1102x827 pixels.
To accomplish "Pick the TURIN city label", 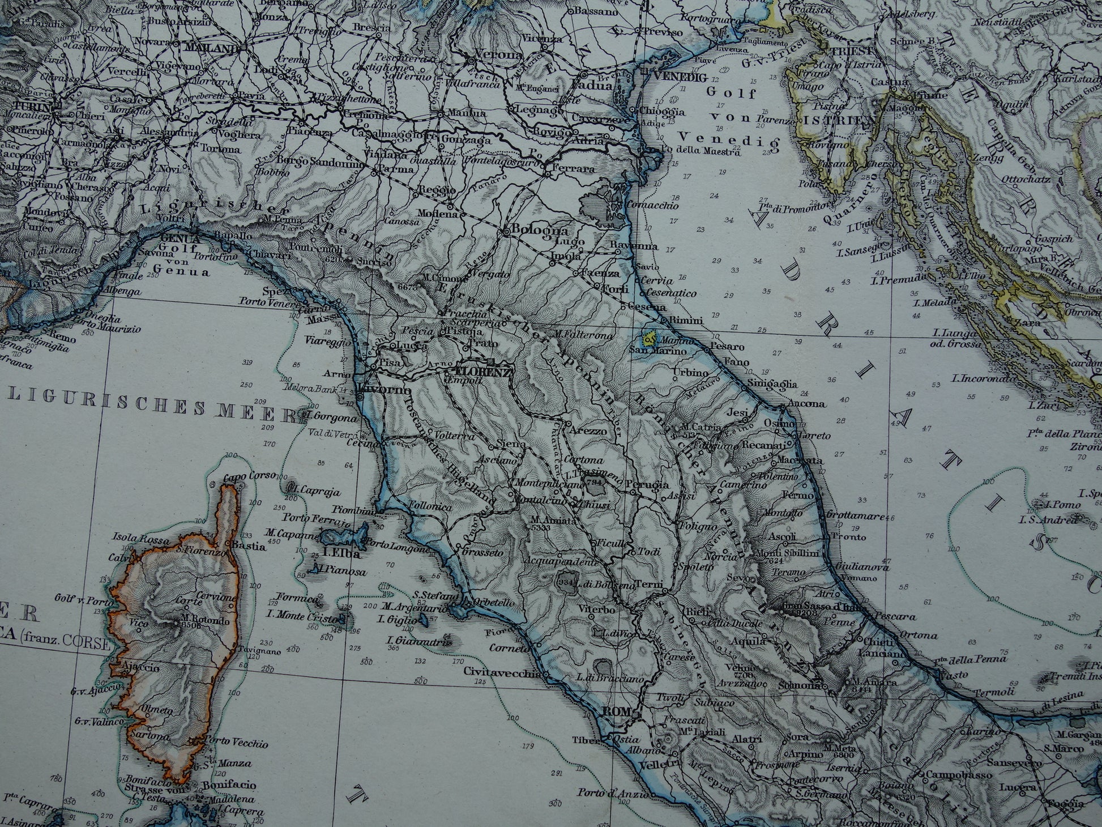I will point(31,107).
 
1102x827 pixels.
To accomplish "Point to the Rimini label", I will point(685,321).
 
